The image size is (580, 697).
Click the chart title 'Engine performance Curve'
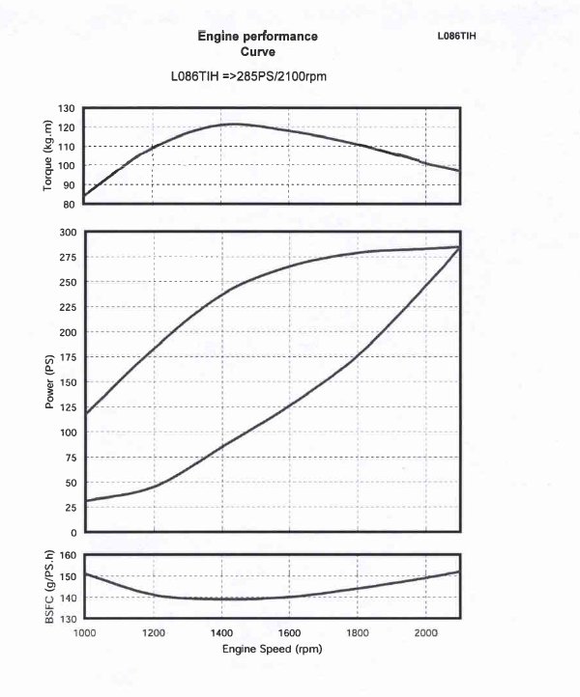click(257, 44)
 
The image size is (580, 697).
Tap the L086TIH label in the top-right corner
click(457, 36)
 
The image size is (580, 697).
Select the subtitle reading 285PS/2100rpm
click(253, 75)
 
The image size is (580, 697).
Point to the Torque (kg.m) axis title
click(47, 155)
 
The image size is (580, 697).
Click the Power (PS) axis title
click(48, 382)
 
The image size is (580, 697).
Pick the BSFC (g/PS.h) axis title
click(48, 585)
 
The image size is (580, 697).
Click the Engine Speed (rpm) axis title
click(272, 649)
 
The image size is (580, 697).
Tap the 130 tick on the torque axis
click(67, 108)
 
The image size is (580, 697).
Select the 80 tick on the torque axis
click(70, 204)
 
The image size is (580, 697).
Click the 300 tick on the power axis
click(67, 232)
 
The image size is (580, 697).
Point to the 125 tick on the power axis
click(67, 407)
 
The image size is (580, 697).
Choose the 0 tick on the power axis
click(73, 533)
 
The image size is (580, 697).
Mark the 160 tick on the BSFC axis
click(67, 555)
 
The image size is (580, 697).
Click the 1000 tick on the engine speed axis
click(85, 631)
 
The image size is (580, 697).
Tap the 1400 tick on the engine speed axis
click(221, 631)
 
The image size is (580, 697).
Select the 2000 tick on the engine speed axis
click(425, 631)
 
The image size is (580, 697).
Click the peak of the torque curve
click(235, 124)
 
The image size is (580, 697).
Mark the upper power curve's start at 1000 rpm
click(85, 414)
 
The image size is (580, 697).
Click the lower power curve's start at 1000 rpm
click(85, 501)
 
